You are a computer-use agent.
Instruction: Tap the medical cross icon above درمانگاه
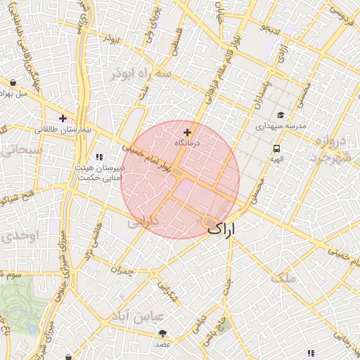point(187,132)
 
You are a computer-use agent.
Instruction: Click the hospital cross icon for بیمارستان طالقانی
point(63,118)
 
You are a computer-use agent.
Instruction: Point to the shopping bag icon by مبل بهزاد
point(13,82)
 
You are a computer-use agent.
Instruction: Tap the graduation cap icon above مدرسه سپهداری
point(280,115)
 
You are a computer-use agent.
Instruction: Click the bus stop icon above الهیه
point(276,148)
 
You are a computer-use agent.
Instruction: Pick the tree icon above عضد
point(163,333)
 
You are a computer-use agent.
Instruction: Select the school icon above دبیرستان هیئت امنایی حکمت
point(99,157)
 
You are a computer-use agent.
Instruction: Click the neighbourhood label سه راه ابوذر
point(140,73)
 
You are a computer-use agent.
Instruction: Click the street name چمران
point(122,269)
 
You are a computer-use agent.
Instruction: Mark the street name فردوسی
point(341,11)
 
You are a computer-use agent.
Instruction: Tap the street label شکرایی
point(169,293)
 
